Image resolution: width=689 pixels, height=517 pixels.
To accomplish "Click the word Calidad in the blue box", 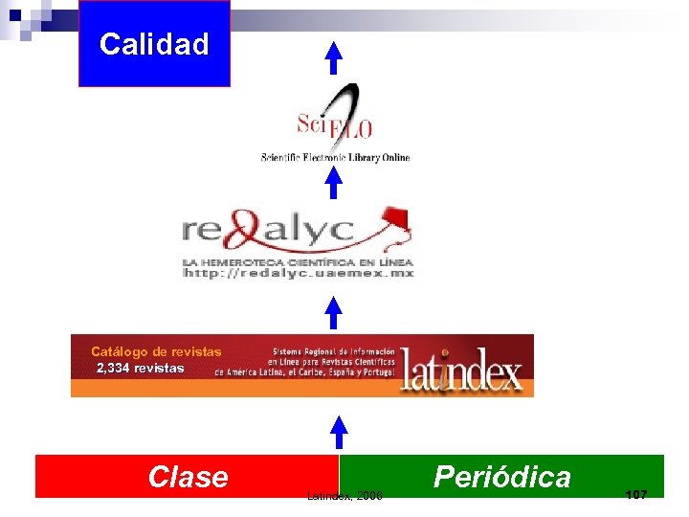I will [154, 44].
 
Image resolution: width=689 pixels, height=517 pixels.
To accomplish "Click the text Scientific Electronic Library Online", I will [335, 157].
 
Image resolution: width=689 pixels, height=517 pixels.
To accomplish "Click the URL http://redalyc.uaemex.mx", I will [298, 274].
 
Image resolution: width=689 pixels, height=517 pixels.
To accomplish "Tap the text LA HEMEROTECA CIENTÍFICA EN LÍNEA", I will [298, 260].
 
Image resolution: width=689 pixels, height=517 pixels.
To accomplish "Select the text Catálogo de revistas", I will [156, 351].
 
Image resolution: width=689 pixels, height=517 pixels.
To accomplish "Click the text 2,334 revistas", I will [141, 368].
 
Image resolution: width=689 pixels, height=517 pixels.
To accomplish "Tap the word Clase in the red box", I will [188, 476].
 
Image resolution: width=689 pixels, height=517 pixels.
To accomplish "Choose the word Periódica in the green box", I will [501, 476].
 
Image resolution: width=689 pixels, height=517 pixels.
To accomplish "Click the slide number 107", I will [635, 494].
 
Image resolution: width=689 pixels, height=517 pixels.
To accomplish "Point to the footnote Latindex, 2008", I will [344, 496].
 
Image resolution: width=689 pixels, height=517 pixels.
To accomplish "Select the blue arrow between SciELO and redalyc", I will [333, 183].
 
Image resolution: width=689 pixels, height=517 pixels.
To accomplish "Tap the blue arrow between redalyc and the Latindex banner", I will [333, 312].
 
